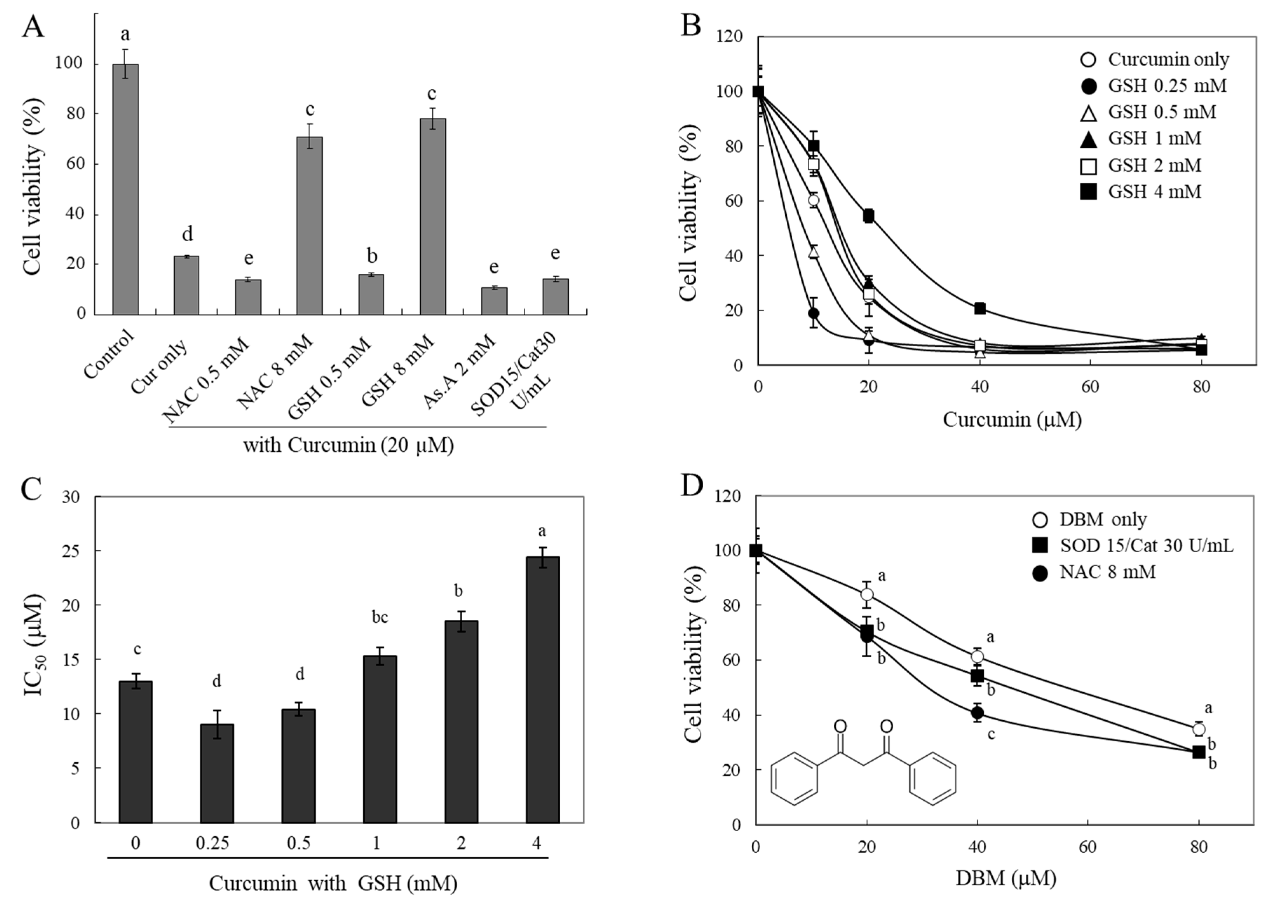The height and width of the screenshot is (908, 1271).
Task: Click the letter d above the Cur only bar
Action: click(x=187, y=234)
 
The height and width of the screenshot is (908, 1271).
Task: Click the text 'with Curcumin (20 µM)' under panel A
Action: click(x=348, y=446)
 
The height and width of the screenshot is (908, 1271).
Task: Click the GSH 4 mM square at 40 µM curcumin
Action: click(x=979, y=308)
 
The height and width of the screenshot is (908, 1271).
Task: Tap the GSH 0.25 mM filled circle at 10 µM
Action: click(x=813, y=313)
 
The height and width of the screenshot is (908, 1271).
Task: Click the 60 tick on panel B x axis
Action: click(x=1090, y=387)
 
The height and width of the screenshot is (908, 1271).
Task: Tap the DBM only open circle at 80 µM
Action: click(x=1198, y=729)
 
